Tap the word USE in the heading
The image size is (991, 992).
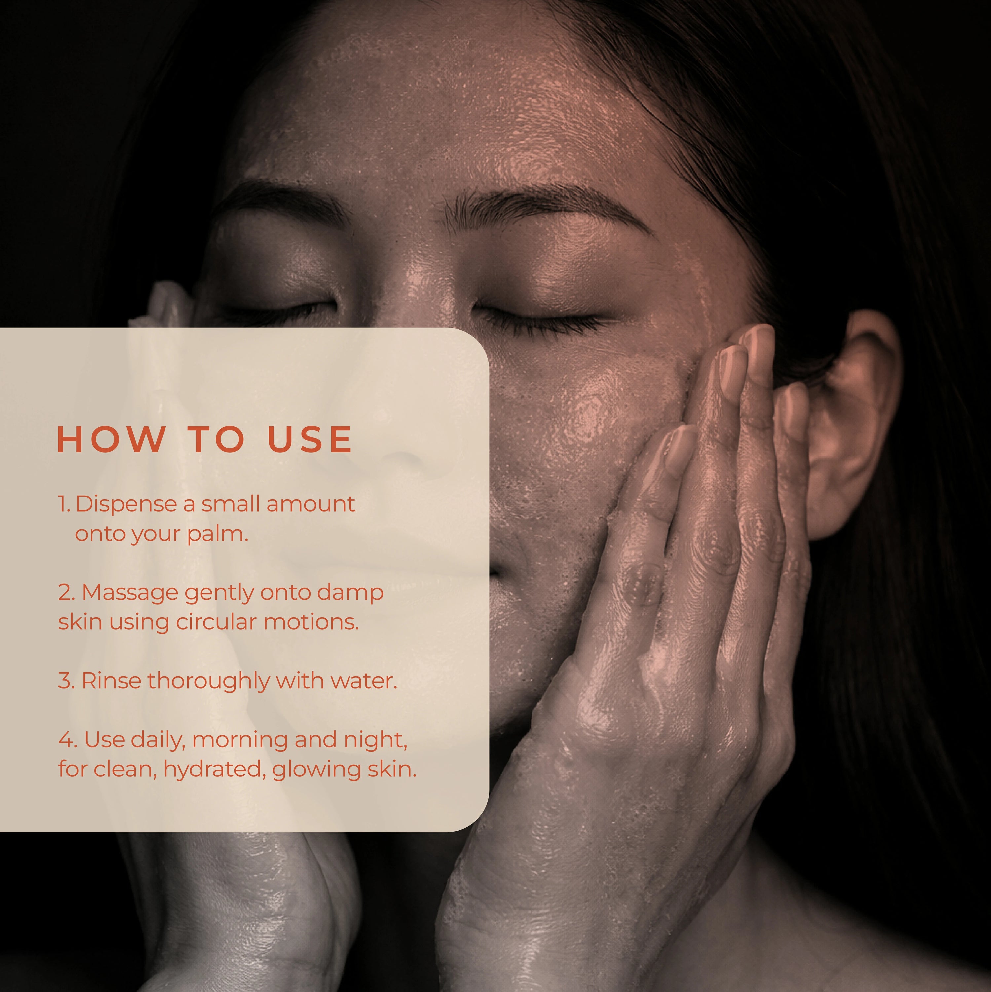coord(310,440)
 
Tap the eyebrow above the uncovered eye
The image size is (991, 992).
coord(544,205)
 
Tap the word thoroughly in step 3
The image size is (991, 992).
coord(209,682)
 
